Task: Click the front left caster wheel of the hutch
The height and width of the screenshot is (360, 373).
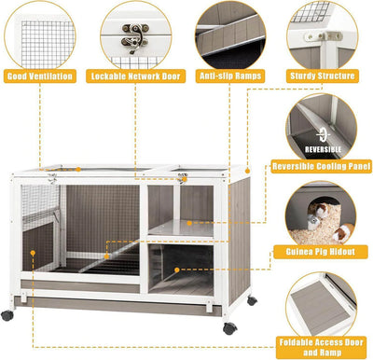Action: click(7, 315)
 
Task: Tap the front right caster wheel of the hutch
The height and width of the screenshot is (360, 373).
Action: click(229, 327)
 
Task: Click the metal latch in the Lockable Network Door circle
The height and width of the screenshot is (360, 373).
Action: click(135, 37)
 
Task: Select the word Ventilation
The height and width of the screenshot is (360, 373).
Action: click(57, 76)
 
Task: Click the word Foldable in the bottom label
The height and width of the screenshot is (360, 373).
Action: click(297, 340)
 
